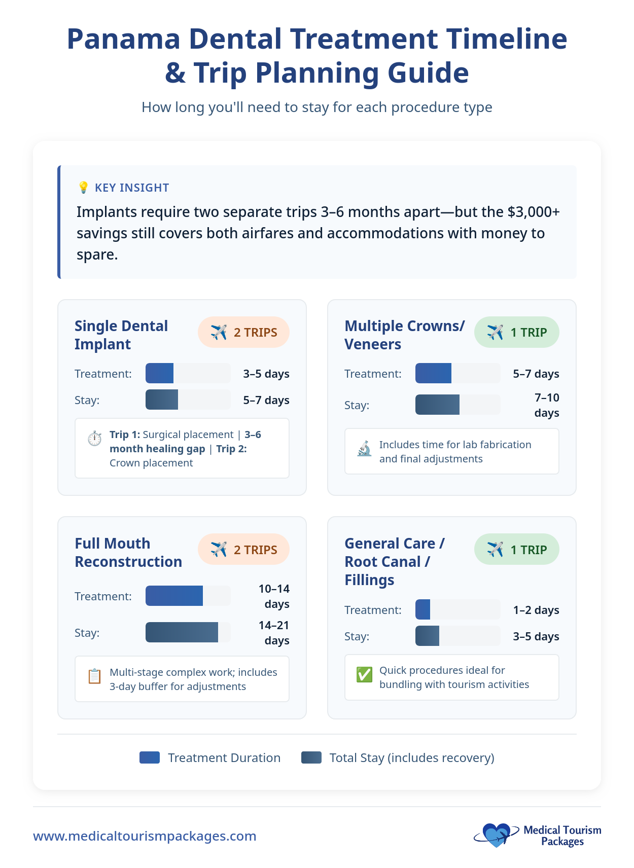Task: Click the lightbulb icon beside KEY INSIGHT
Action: pyautogui.click(x=83, y=188)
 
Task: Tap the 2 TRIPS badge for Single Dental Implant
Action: pyautogui.click(x=243, y=333)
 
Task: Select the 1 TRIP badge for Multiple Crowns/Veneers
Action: pyautogui.click(x=516, y=333)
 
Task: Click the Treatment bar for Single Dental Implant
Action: pyautogui.click(x=160, y=374)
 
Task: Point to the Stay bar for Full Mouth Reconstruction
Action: pyautogui.click(x=182, y=632)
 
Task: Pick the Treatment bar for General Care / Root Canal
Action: pyautogui.click(x=422, y=609)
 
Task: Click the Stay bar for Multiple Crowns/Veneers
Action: pyautogui.click(x=437, y=405)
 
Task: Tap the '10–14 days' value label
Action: pyautogui.click(x=274, y=596)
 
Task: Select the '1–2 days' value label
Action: pyautogui.click(x=536, y=610)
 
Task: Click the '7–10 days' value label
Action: pyautogui.click(x=546, y=405)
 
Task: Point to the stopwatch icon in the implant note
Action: pyautogui.click(x=94, y=439)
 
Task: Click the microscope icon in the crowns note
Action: pyautogui.click(x=364, y=449)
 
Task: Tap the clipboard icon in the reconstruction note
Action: pyautogui.click(x=94, y=676)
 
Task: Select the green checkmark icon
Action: pyautogui.click(x=364, y=674)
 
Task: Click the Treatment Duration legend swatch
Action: pyautogui.click(x=150, y=757)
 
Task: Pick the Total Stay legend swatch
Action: pyautogui.click(x=311, y=757)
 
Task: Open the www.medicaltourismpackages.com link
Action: pyautogui.click(x=145, y=836)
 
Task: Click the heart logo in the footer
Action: pyautogui.click(x=496, y=835)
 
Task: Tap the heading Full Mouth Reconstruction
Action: pyautogui.click(x=128, y=553)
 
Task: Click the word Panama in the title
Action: pyautogui.click(x=123, y=39)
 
